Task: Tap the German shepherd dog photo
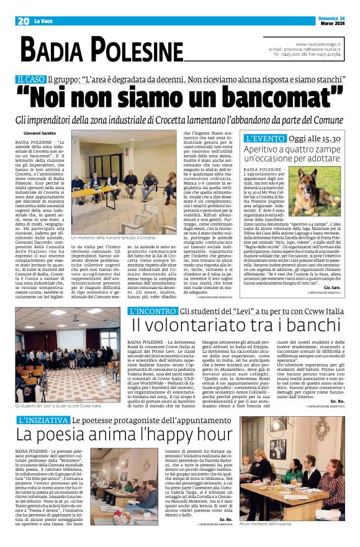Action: (318, 182)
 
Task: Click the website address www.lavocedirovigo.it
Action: (316, 44)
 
